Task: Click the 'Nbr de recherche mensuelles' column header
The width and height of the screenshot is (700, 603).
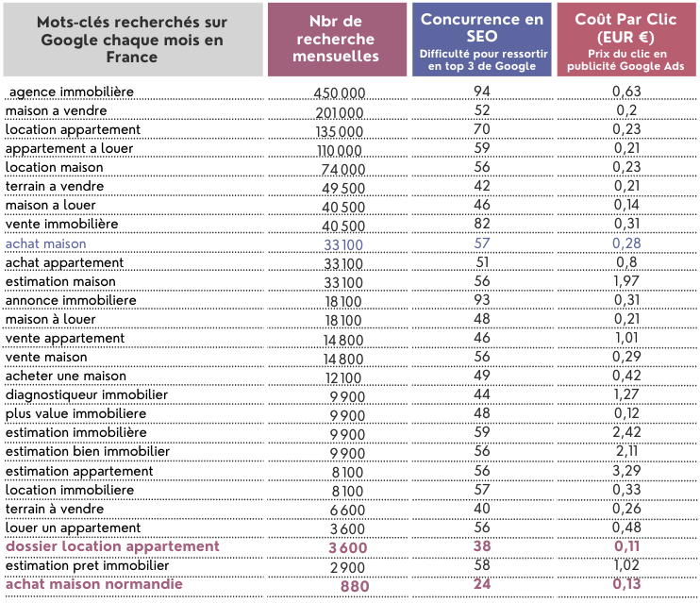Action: (336, 39)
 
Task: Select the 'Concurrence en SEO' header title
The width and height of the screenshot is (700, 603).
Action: (482, 27)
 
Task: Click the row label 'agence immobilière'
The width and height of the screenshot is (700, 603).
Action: (72, 92)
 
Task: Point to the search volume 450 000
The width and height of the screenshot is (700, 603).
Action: (340, 92)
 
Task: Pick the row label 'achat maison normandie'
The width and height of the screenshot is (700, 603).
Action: (94, 584)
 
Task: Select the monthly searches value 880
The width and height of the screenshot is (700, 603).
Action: (355, 586)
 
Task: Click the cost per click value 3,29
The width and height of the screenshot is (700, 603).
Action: (626, 470)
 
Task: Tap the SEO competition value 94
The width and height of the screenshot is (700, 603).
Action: (482, 92)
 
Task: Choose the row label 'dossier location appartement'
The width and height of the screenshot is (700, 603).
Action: (112, 546)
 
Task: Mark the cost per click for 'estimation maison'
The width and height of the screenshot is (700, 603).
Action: (626, 281)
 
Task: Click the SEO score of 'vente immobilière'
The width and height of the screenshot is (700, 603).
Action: (482, 224)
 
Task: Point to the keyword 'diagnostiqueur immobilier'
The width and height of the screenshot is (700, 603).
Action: (87, 394)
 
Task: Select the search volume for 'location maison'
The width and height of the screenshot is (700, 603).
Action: (342, 169)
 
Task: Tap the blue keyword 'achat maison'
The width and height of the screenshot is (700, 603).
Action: (45, 243)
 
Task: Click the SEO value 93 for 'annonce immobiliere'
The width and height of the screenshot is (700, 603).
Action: (482, 300)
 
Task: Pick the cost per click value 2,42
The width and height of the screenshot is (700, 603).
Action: (626, 432)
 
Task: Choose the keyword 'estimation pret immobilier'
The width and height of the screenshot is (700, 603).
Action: (87, 566)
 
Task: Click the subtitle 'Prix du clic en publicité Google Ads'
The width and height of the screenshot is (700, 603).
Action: (625, 59)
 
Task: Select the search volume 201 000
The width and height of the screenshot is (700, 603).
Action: (340, 113)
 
